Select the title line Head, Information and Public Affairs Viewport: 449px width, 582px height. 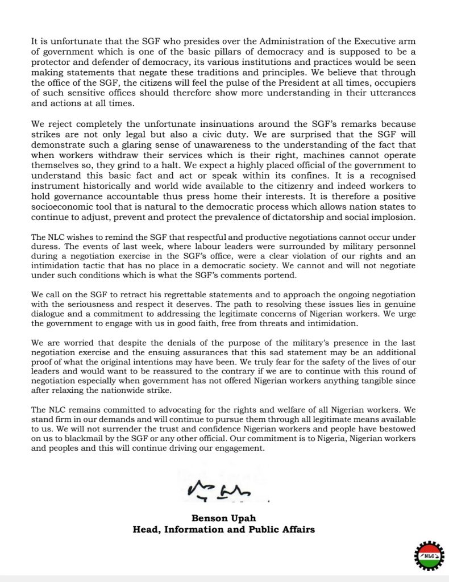(x=224, y=529)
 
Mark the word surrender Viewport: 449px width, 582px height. (x=113, y=430)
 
